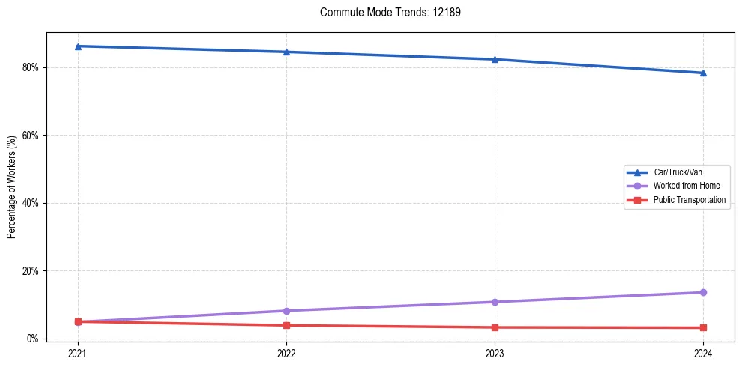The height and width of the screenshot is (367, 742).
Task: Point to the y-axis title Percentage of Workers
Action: [12, 187]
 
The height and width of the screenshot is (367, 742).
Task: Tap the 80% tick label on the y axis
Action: [31, 67]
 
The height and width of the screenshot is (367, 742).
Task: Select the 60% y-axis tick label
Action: [31, 136]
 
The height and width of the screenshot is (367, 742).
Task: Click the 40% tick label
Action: [31, 203]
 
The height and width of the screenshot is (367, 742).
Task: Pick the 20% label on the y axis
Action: [31, 270]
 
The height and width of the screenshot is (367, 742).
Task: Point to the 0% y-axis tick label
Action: [33, 339]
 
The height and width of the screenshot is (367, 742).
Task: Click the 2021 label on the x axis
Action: [78, 352]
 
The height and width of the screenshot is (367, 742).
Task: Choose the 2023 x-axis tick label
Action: [495, 352]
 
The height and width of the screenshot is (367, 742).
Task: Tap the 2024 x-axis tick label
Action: [703, 352]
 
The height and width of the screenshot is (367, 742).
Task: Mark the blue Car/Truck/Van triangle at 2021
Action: [78, 46]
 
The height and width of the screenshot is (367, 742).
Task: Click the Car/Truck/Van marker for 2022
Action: [286, 52]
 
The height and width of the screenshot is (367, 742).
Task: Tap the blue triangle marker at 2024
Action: [703, 73]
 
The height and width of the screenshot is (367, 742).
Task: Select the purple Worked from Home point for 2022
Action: [286, 311]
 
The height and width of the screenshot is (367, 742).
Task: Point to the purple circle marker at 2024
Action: [703, 292]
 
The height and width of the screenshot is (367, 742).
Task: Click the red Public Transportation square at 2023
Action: [495, 327]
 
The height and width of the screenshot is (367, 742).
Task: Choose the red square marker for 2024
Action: [703, 327]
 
